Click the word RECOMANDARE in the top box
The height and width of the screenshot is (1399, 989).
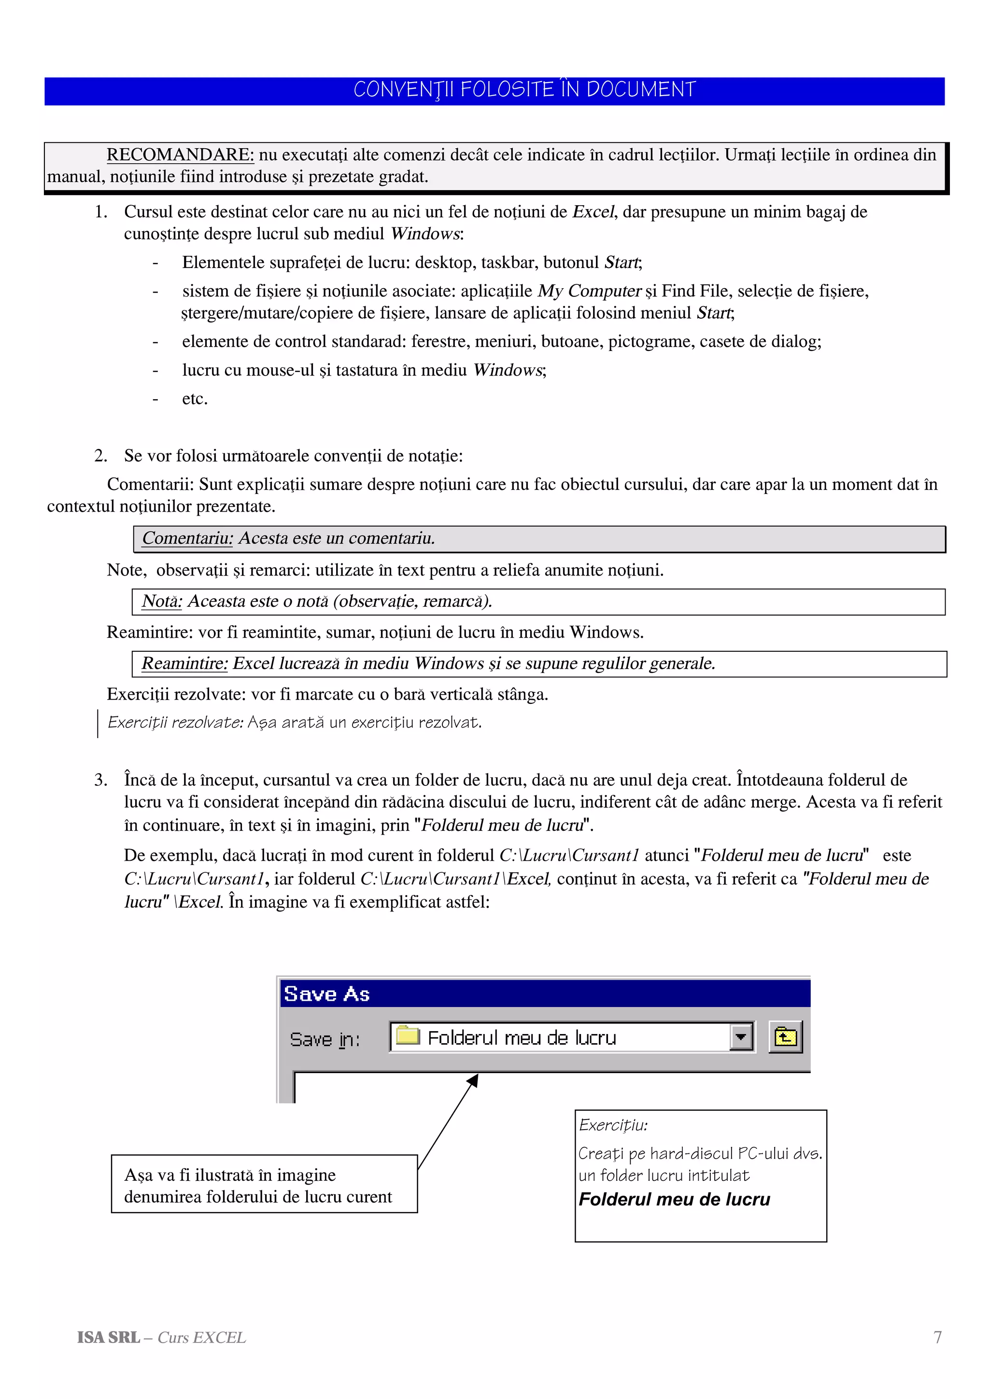pyautogui.click(x=180, y=155)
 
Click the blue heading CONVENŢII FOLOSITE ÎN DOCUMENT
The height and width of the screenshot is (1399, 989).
pyautogui.click(x=524, y=90)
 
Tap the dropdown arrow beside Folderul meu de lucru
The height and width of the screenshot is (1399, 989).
pyautogui.click(x=741, y=1037)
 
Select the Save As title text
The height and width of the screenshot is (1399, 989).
pyautogui.click(x=326, y=994)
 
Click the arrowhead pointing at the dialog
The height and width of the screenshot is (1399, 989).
pyautogui.click(x=473, y=1081)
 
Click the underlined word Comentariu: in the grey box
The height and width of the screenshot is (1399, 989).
pyautogui.click(x=187, y=539)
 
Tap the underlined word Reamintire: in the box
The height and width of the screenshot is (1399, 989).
pyautogui.click(x=184, y=664)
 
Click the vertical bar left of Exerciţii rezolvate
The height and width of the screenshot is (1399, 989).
pyautogui.click(x=98, y=723)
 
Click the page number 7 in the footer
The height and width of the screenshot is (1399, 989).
pyautogui.click(x=937, y=1337)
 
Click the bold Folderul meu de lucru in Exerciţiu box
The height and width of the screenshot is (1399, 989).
pyautogui.click(x=674, y=1199)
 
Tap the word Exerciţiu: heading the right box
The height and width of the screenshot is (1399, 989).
pyautogui.click(x=613, y=1125)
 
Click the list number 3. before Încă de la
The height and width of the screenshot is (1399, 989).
pyautogui.click(x=100, y=780)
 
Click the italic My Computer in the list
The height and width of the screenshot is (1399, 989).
pyautogui.click(x=589, y=291)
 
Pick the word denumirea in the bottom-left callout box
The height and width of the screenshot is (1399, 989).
pyautogui.click(x=163, y=1197)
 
